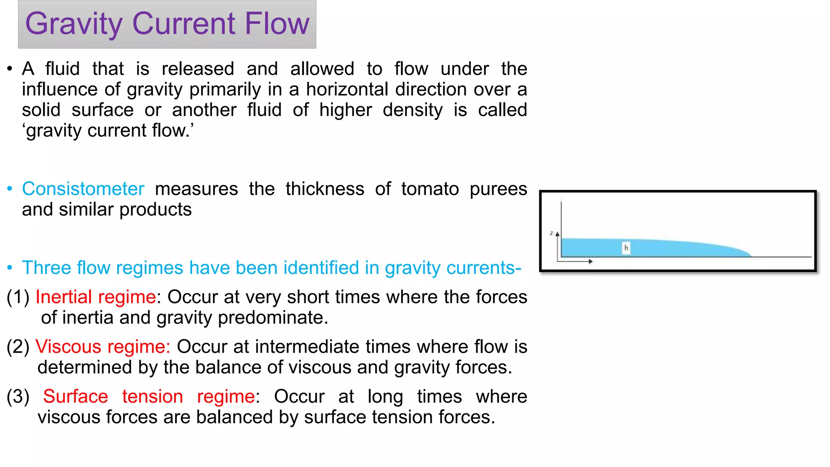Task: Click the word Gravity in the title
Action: (x=73, y=24)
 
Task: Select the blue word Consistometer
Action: (x=83, y=189)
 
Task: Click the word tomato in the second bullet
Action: (x=430, y=189)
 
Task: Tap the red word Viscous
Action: (x=68, y=347)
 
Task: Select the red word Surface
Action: (x=75, y=396)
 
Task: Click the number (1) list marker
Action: (x=18, y=297)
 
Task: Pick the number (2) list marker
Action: (x=18, y=347)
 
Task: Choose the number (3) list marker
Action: (x=18, y=397)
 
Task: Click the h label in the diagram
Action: (x=626, y=248)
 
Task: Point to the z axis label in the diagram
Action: (x=552, y=233)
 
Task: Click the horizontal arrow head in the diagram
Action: (x=590, y=261)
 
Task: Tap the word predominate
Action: (x=273, y=318)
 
